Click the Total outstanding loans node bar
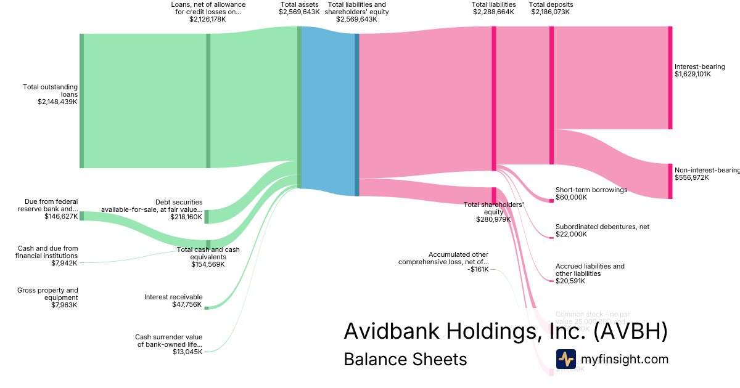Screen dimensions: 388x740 pos(81,101)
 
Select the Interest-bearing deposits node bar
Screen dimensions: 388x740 pos(670,78)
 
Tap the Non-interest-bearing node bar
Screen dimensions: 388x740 pos(670,181)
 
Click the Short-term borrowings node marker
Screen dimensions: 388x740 pos(551,201)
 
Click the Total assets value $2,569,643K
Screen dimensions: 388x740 pos(299,12)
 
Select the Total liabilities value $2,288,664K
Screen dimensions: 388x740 pos(493,12)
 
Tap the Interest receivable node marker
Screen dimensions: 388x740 pos(207,307)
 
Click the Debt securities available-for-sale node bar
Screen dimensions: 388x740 pos(207,216)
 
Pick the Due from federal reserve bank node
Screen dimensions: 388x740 pos(81,216)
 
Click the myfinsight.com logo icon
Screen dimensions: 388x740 pos(565,359)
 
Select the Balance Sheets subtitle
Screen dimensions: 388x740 pos(405,359)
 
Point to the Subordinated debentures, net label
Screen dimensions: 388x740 pos(602,227)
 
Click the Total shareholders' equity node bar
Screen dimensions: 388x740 pos(494,195)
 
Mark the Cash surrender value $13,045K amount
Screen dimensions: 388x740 pos(187,352)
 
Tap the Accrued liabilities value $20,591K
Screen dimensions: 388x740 pos(570,281)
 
